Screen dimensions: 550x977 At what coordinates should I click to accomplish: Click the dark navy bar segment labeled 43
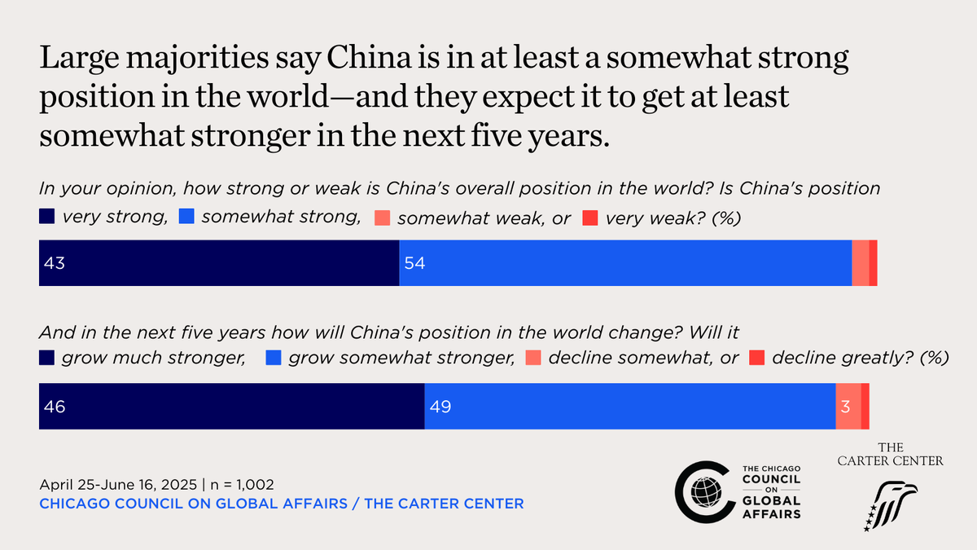[218, 263]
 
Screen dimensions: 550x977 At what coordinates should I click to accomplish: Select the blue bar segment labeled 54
[625, 263]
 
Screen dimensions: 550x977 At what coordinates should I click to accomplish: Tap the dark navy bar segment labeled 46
[231, 407]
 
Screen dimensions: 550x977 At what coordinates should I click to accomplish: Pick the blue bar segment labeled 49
[629, 407]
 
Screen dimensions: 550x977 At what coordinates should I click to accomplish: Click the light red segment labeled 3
[848, 407]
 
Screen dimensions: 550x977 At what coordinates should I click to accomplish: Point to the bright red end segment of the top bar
[873, 263]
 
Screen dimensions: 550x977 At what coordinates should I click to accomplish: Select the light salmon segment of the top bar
[860, 263]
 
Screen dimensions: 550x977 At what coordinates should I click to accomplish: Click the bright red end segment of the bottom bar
[865, 407]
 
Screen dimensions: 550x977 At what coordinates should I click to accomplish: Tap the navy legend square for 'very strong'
[46, 218]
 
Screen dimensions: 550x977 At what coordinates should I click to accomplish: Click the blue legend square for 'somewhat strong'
[186, 218]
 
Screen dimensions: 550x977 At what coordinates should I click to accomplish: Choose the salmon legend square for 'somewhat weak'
[382, 218]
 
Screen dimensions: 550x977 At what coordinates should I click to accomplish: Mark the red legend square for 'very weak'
[592, 218]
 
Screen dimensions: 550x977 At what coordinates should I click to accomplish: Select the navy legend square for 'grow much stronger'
[46, 358]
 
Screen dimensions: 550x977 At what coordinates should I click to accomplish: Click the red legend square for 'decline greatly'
[756, 358]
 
